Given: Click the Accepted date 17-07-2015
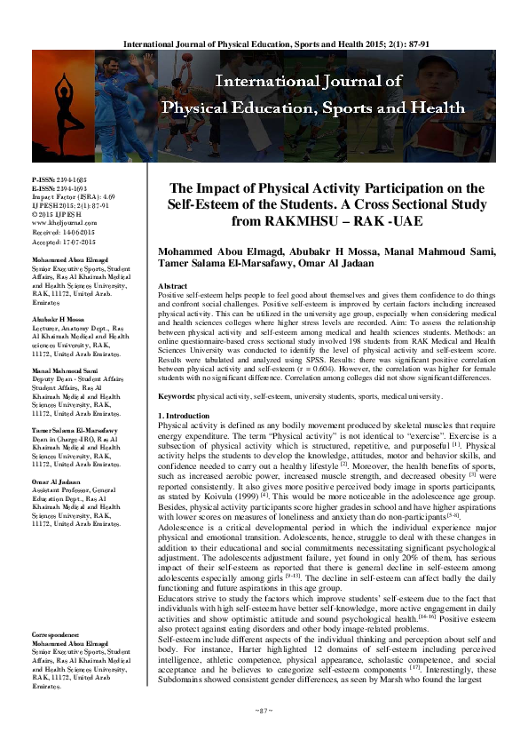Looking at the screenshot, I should click(x=87, y=240).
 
